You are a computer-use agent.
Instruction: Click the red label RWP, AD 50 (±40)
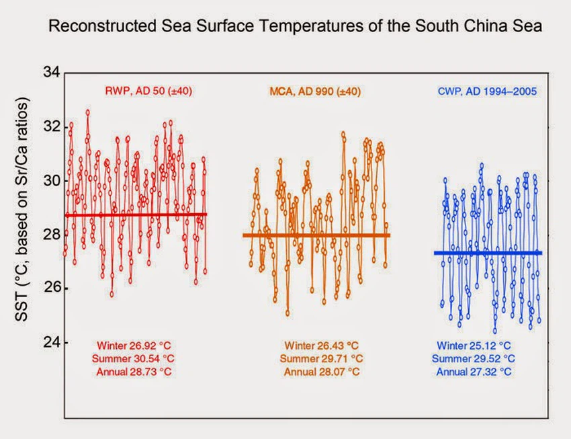click(x=148, y=90)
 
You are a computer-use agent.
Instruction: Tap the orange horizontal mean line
click(x=316, y=235)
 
